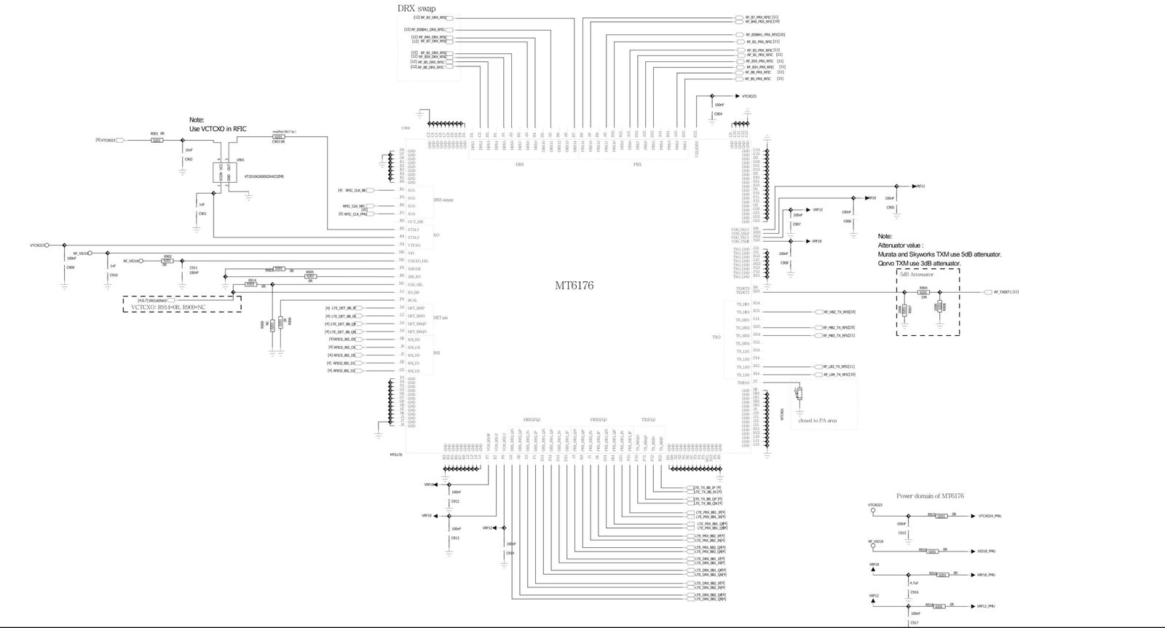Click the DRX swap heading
pos(417,8)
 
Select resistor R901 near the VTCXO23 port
pos(157,140)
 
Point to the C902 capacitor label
pos(189,159)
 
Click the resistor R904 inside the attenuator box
pos(923,292)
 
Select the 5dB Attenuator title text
pos(917,274)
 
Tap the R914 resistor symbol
pos(252,285)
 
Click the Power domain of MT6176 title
pos(930,496)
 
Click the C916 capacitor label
pos(914,592)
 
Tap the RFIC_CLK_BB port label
pos(355,190)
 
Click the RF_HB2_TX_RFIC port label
pos(839,312)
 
